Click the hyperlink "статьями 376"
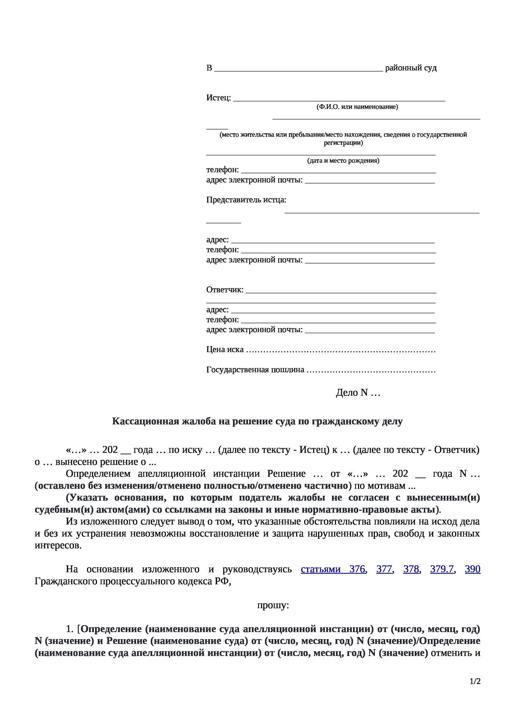click(x=333, y=569)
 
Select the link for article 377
click(x=384, y=569)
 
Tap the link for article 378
click(x=411, y=569)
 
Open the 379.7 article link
click(x=442, y=569)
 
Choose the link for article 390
click(x=472, y=569)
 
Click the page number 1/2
click(x=475, y=682)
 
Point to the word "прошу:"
click(x=273, y=605)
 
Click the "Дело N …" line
click(x=358, y=393)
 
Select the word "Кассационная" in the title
click(x=145, y=421)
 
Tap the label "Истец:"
click(x=218, y=98)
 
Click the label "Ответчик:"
click(x=225, y=290)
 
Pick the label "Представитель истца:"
click(x=246, y=200)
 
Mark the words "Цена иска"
click(x=225, y=349)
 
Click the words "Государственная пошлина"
click(x=255, y=370)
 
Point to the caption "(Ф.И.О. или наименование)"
click(x=357, y=107)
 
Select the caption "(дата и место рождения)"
click(x=343, y=161)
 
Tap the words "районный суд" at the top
click(x=411, y=68)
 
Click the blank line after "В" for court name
click(x=298, y=69)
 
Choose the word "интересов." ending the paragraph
click(x=58, y=546)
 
